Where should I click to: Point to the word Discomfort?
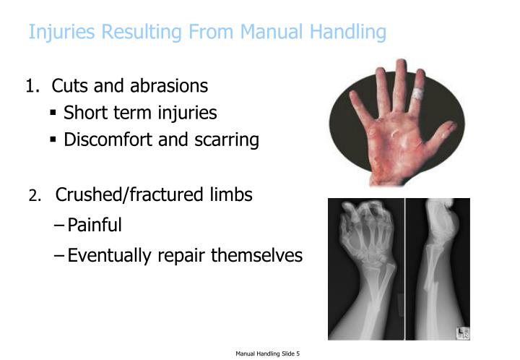108,140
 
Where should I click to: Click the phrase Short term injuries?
140,113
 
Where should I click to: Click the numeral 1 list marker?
30,86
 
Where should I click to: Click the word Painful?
95,226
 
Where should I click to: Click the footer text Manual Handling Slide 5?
267,353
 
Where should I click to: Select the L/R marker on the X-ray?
462,333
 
